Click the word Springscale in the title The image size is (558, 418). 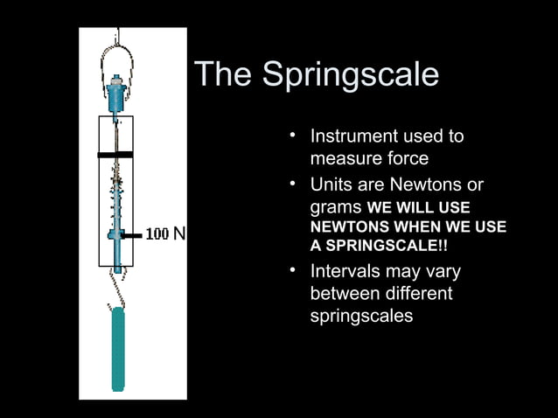coord(351,77)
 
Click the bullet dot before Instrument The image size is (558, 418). coord(295,136)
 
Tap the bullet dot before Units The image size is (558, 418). coord(295,185)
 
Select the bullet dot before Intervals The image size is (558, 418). coord(295,270)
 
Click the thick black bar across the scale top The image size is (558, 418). coord(115,155)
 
